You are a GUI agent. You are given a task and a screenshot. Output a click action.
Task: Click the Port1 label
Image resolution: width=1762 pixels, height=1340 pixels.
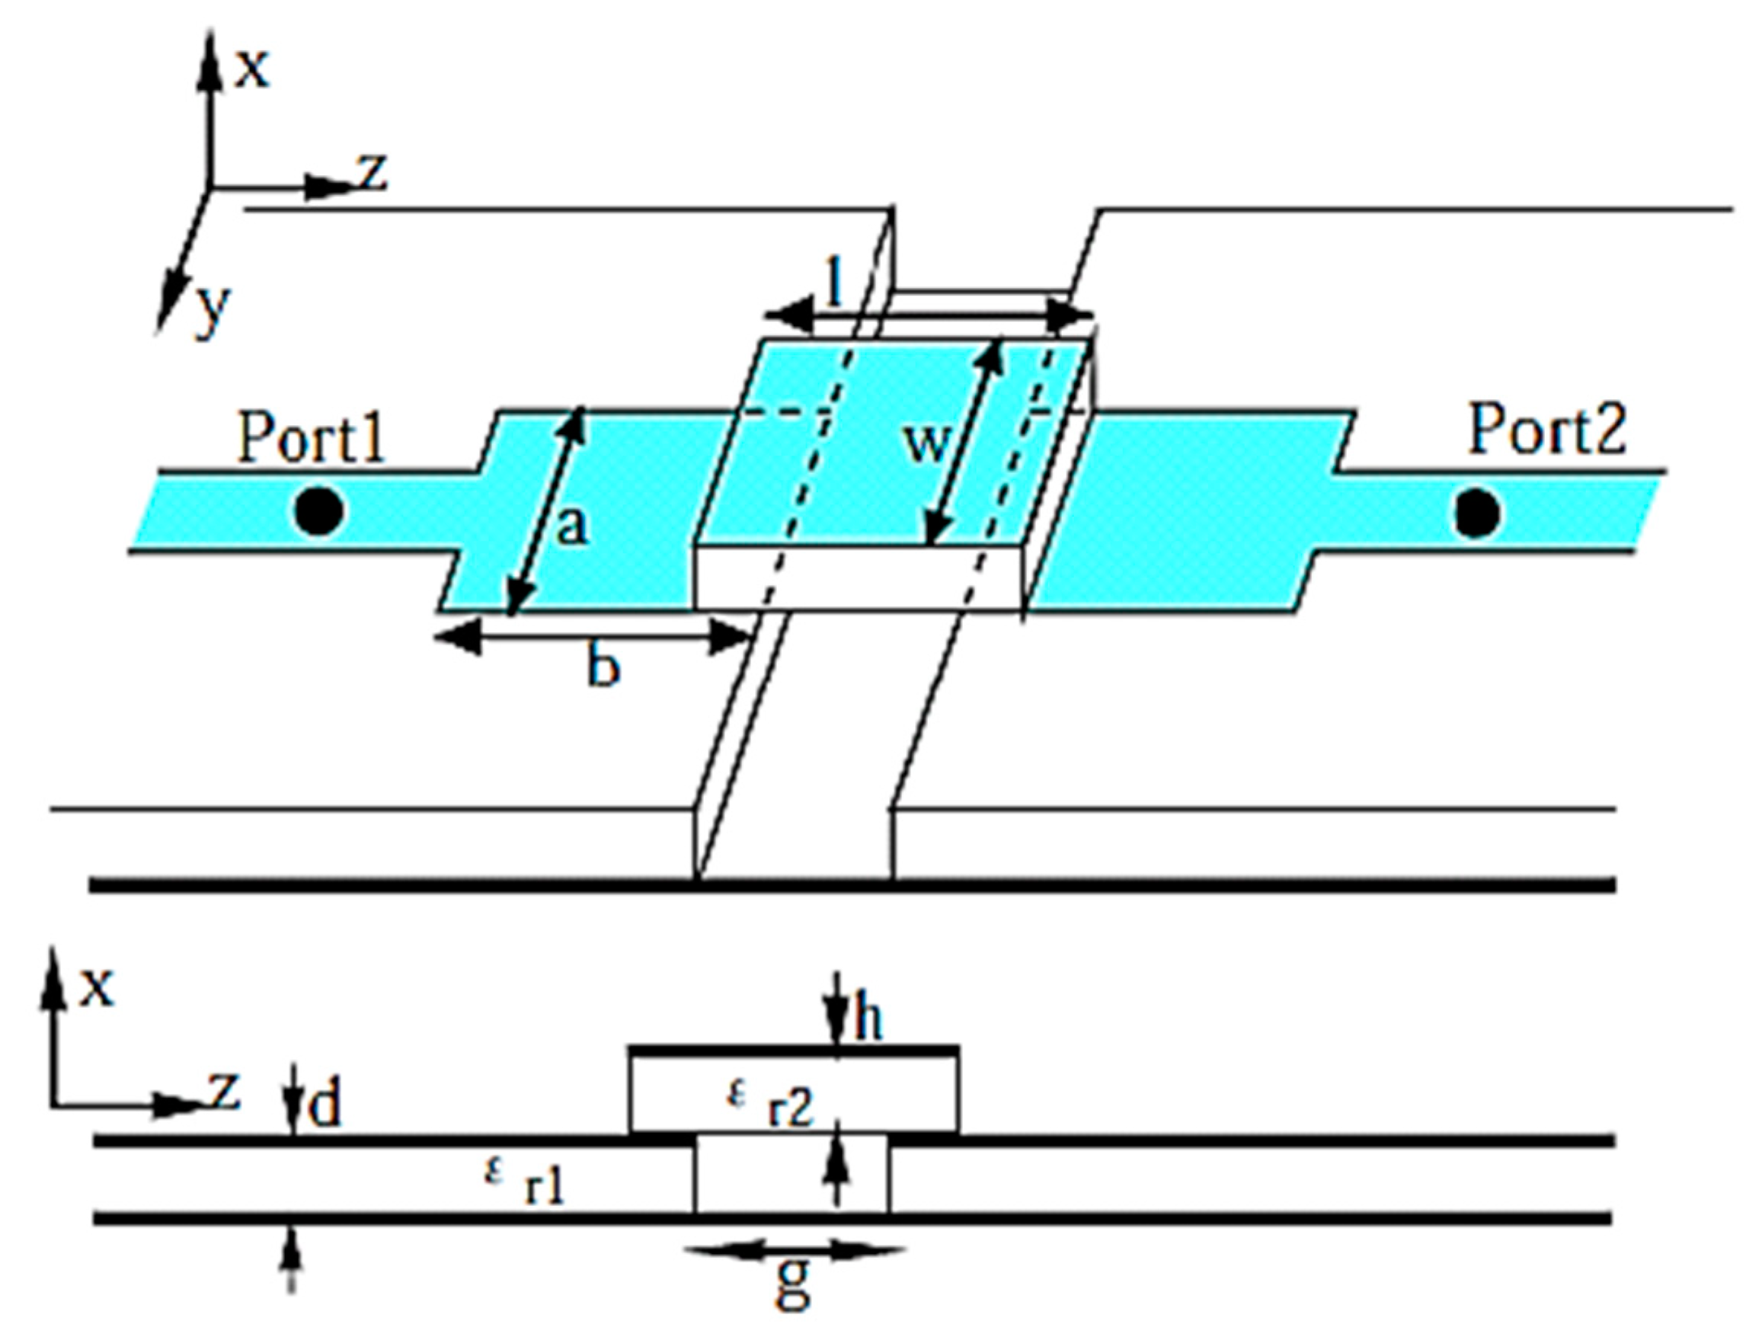tap(312, 438)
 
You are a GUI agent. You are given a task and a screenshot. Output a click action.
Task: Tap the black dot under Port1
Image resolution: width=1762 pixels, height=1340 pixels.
tap(319, 511)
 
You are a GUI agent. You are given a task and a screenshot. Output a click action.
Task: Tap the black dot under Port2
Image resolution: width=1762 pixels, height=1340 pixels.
tap(1476, 513)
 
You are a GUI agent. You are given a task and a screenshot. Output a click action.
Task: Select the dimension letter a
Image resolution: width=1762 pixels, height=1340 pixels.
tap(571, 527)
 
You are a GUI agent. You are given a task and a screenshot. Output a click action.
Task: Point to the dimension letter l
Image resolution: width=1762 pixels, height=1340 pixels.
tap(834, 283)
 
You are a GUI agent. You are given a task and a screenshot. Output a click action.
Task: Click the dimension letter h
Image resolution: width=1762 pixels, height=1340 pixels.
tap(868, 1019)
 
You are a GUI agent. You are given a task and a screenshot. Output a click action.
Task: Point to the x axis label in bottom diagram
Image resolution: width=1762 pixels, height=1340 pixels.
tap(96, 987)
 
